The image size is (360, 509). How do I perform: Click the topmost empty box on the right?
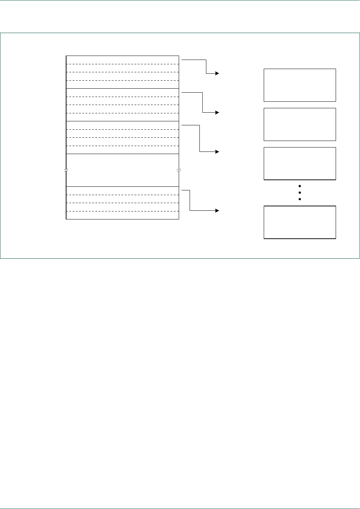[300, 85]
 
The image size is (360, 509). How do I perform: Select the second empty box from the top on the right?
[300, 124]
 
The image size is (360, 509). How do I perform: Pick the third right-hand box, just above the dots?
[300, 163]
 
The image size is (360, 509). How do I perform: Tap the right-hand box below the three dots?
[300, 222]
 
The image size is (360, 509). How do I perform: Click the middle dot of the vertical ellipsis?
[300, 193]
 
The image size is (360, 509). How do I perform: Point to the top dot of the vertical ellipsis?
[300, 186]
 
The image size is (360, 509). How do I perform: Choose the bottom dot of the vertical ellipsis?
[300, 199]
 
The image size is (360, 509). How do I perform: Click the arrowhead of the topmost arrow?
[217, 73]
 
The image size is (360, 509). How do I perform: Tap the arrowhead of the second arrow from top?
[217, 113]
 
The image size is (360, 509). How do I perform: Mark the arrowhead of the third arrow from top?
[217, 152]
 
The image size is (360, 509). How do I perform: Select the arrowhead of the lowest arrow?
[217, 210]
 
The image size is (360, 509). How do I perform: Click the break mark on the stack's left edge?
[66, 170]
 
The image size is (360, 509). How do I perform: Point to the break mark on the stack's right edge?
[179, 170]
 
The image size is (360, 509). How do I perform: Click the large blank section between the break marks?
[122, 170]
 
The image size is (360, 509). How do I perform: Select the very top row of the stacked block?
[122, 60]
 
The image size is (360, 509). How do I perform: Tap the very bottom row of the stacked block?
[122, 215]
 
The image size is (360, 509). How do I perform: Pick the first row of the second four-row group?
[122, 93]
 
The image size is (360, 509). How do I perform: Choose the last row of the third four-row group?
[122, 150]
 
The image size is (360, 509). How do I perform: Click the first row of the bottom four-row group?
[122, 191]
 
